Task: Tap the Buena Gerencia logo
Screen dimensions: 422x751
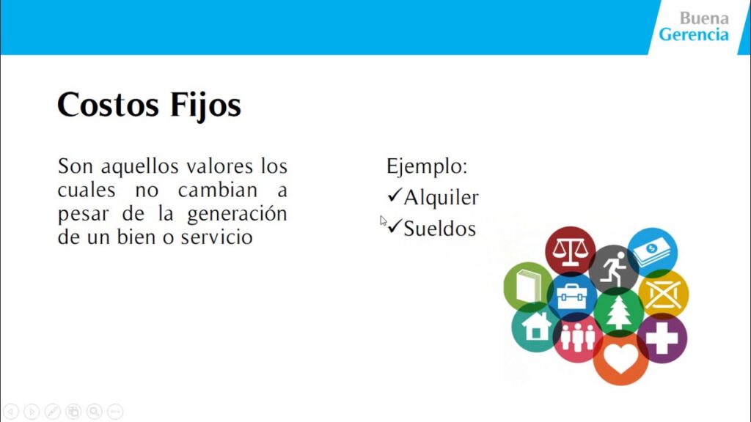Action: pyautogui.click(x=693, y=26)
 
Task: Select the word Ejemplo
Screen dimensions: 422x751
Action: pyautogui.click(x=426, y=166)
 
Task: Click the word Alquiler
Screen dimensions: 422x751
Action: pyautogui.click(x=441, y=197)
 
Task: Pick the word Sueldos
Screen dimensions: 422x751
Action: pyautogui.click(x=439, y=229)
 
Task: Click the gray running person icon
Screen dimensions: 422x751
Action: pyautogui.click(x=612, y=269)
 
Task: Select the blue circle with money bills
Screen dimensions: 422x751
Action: pyautogui.click(x=652, y=252)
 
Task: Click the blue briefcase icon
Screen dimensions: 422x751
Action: pyautogui.click(x=571, y=296)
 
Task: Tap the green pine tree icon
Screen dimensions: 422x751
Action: pyautogui.click(x=618, y=311)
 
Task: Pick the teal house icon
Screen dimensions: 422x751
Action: pyautogui.click(x=535, y=327)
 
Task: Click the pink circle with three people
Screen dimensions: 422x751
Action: pyautogui.click(x=577, y=338)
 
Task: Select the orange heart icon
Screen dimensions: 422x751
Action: pyautogui.click(x=620, y=360)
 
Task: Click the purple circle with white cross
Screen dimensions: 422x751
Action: pyautogui.click(x=662, y=338)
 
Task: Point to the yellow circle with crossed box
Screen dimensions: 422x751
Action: pyautogui.click(x=663, y=294)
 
